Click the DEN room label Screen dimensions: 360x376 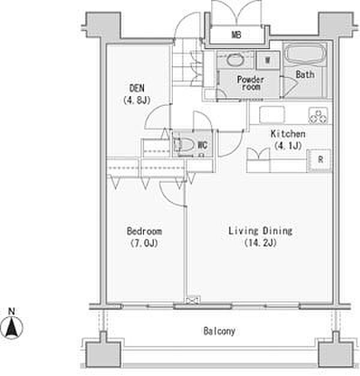coord(137,88)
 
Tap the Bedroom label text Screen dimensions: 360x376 coord(144,231)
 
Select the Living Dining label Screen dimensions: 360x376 coord(260,231)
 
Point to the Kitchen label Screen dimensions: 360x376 coord(288,134)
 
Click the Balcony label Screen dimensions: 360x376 coord(219,331)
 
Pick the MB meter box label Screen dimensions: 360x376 coord(236,35)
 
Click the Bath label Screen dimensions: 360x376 coord(305,74)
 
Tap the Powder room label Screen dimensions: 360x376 coord(251,83)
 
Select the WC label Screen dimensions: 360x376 coord(202,145)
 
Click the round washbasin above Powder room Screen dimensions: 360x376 coord(235,60)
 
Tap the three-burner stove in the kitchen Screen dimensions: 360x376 coord(318,115)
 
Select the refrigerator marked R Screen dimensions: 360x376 coord(319,160)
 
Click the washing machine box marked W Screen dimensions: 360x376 coord(268,60)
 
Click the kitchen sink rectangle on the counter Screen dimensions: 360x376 coord(272,115)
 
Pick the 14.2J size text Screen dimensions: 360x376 coord(260,243)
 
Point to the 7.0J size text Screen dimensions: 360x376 coord(144,243)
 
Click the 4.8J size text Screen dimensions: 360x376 coord(137,100)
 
